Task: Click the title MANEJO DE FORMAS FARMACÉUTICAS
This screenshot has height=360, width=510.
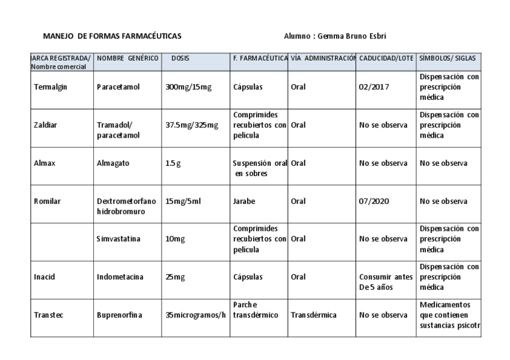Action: pos(112,36)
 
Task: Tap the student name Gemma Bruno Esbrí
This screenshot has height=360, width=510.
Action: pos(334,36)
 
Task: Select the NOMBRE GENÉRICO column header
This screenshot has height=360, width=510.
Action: pos(127,58)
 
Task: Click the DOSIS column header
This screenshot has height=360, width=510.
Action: pos(180,58)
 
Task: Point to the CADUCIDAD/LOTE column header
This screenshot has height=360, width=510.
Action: pos(386,58)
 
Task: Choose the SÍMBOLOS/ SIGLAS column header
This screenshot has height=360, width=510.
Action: pos(447,58)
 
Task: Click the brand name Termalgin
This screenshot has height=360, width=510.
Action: pos(51,87)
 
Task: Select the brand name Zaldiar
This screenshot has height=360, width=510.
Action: pos(46,125)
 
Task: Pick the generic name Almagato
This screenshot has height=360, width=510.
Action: pos(113,163)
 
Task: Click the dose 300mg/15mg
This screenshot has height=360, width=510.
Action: pos(188,87)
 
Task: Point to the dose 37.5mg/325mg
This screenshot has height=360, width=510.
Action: pos(192,125)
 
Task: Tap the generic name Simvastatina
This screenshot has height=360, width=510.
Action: pos(118,239)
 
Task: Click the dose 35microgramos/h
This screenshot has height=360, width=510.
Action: pos(195,315)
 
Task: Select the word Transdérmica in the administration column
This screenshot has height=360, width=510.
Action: pos(313,315)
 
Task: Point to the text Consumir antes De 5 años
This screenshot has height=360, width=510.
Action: pos(382,281)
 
